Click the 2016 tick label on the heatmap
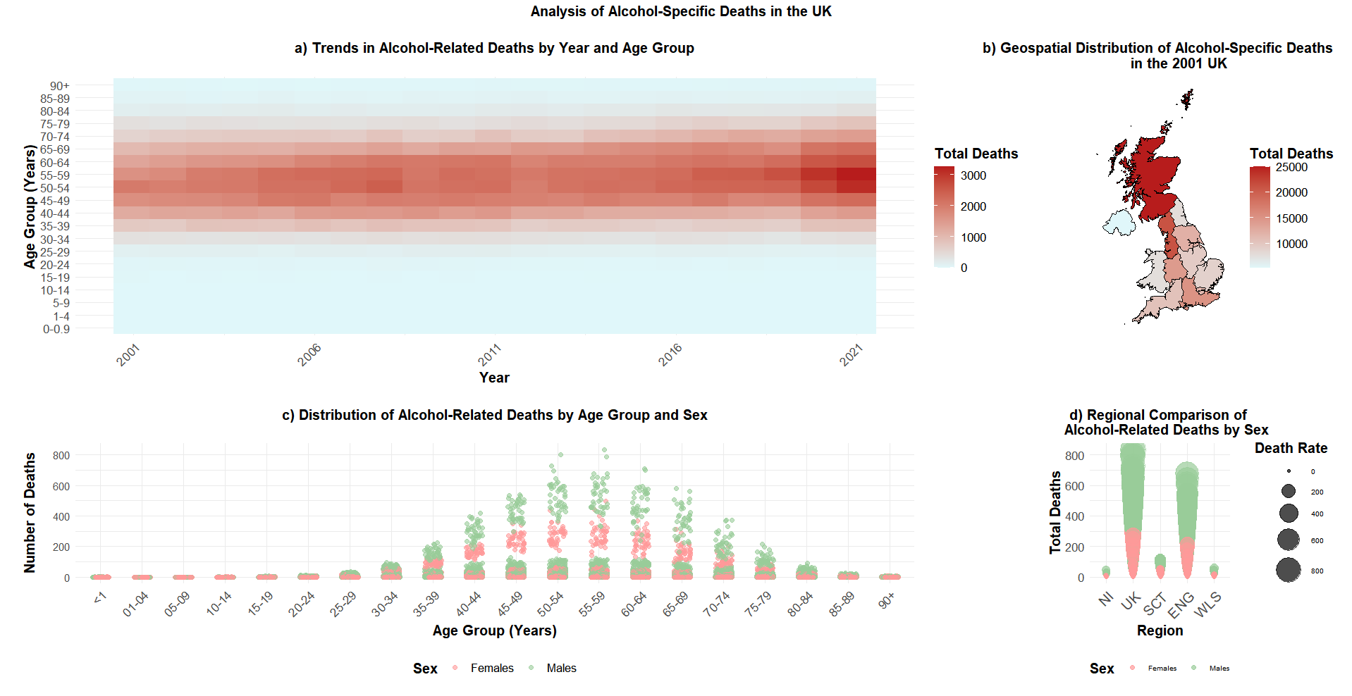pos(670,355)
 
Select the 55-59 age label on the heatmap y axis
pos(55,175)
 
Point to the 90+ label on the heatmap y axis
pos(60,86)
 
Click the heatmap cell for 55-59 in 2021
pos(856,175)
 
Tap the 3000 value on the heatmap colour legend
pos(973,175)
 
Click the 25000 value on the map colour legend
pos(1291,168)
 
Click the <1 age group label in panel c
pos(100,598)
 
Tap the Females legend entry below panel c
pos(492,668)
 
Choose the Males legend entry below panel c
pos(561,668)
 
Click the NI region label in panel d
pos(1106,599)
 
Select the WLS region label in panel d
pos(1207,604)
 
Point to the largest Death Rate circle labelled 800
pos(1289,570)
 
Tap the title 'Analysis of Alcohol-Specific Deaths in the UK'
pos(681,11)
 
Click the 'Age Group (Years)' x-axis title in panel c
pos(494,630)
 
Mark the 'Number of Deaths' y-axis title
pos(30,513)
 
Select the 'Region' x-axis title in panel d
pos(1160,630)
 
